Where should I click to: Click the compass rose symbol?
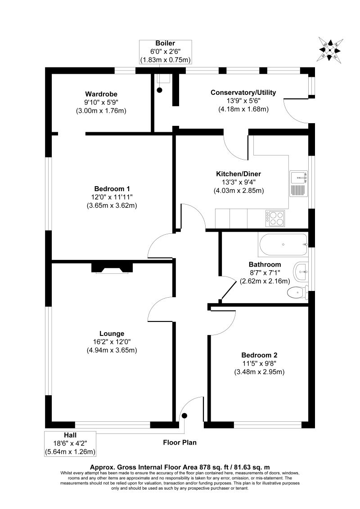click(331, 49)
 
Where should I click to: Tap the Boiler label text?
click(166, 43)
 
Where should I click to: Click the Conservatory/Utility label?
click(243, 93)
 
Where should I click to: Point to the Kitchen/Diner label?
click(238, 174)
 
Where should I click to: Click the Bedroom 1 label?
click(111, 189)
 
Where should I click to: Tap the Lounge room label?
click(112, 334)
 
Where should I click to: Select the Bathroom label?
click(265, 264)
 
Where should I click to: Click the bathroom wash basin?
click(301, 271)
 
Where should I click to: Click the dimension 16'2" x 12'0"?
click(112, 342)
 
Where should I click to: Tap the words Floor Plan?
click(180, 442)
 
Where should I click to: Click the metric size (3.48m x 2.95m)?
click(260, 372)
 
